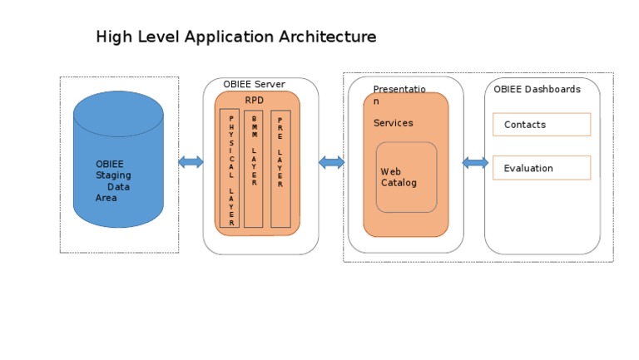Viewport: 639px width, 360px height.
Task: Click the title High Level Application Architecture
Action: (x=235, y=37)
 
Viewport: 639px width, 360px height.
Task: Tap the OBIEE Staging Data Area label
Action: (x=113, y=181)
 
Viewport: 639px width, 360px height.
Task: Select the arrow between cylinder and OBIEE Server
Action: (x=191, y=162)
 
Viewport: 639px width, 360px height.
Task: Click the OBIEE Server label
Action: (x=254, y=85)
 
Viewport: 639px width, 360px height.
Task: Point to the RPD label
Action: (x=254, y=101)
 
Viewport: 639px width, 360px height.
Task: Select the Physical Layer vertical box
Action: (x=230, y=170)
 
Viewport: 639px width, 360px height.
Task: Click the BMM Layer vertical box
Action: (x=254, y=170)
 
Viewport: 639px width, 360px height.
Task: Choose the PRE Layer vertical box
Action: (x=280, y=170)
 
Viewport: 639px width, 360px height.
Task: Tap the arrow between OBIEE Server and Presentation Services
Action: (x=331, y=162)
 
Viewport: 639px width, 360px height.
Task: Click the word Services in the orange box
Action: (x=393, y=123)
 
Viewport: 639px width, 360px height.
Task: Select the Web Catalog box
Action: (x=406, y=177)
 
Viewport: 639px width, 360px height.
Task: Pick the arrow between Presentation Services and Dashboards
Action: (x=475, y=163)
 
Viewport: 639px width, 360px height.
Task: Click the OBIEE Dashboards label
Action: (x=537, y=90)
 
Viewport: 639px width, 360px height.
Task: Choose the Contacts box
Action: (x=542, y=125)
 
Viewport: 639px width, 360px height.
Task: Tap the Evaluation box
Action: (x=542, y=168)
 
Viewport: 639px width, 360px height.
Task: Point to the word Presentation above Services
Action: (x=399, y=90)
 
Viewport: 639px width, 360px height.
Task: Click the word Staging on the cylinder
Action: (x=113, y=175)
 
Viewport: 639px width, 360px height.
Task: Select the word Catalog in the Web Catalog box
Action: (x=399, y=183)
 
